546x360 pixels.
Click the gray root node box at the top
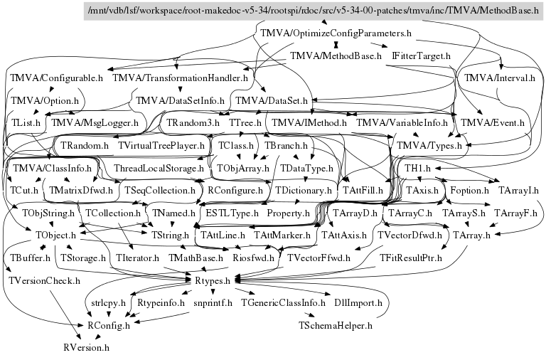(x=314, y=11)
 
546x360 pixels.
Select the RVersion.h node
(x=86, y=349)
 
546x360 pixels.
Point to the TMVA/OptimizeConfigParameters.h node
(x=337, y=33)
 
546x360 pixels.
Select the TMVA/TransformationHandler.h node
(x=180, y=78)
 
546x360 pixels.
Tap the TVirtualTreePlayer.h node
(x=161, y=145)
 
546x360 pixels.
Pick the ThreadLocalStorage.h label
(x=159, y=169)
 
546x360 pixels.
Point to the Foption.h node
(x=470, y=191)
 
